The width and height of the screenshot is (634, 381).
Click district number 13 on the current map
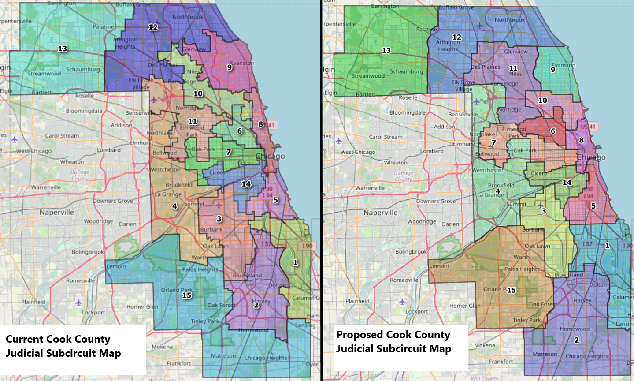[x=63, y=48]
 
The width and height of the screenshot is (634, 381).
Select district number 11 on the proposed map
[x=513, y=68]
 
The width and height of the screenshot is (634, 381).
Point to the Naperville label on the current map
[x=57, y=212]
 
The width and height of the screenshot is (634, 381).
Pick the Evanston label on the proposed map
[x=564, y=65]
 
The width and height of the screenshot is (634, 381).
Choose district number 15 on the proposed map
[x=512, y=290]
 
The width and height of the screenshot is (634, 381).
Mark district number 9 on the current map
[x=230, y=67]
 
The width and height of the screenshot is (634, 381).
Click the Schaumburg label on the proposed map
[x=406, y=71]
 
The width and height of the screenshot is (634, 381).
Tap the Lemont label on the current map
[x=117, y=266]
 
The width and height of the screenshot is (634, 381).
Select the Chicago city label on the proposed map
[x=591, y=157]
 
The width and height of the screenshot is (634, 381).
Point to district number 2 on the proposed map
[x=577, y=340]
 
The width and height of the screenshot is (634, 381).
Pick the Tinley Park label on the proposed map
[x=526, y=320]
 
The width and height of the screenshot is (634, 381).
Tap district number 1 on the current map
[x=295, y=262]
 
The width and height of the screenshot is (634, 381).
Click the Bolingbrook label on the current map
[x=88, y=252]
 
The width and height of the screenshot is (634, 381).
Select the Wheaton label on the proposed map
[x=395, y=163]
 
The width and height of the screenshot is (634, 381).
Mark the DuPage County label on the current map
[x=80, y=175]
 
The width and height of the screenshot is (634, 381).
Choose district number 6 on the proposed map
[x=553, y=131]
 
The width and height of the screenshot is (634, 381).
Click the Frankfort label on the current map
[x=179, y=363]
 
